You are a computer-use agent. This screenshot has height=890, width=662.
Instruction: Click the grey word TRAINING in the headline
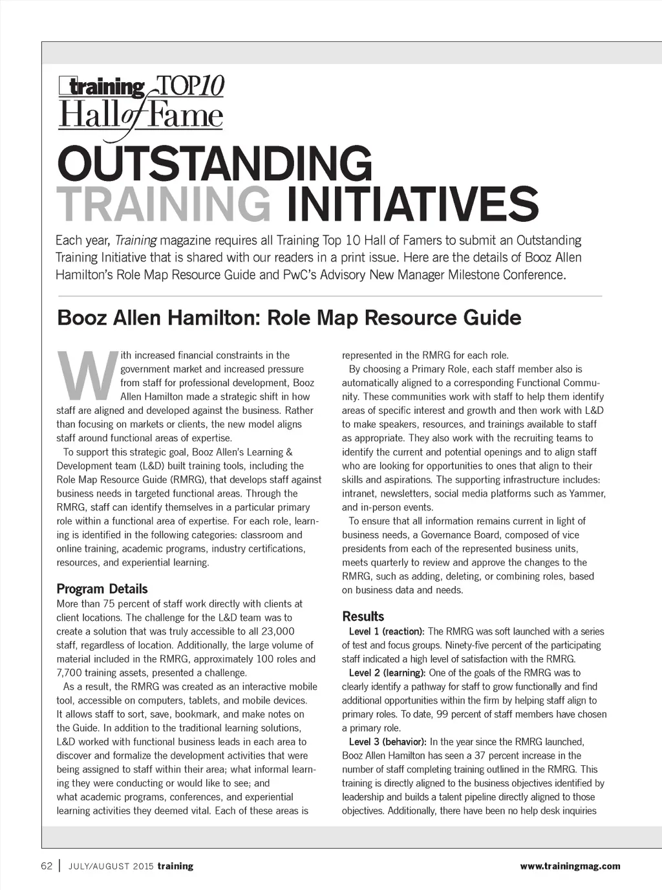[x=163, y=203]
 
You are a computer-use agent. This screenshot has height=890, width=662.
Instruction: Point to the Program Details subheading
[x=102, y=589]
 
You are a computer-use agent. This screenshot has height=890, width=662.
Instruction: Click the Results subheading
[x=363, y=616]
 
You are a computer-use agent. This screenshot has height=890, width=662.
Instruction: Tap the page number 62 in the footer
[x=47, y=866]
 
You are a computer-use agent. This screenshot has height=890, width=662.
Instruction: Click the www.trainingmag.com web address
[x=570, y=866]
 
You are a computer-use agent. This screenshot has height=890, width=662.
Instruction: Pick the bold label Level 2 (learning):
[x=387, y=673]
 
